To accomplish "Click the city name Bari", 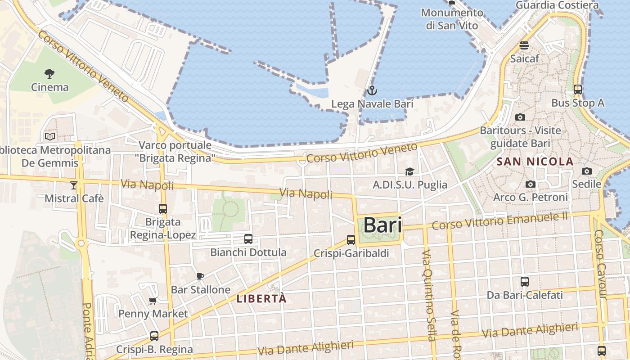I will pos(382,225).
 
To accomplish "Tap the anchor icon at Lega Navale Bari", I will pos(372,91).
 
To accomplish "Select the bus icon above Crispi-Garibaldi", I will pos(351,240).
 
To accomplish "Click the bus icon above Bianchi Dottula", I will pos(248,239).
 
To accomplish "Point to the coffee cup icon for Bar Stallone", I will pos(200,276).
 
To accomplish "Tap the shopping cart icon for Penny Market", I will pos(153,301).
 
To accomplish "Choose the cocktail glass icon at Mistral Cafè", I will pos(74,185).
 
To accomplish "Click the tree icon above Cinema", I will pos(49,73).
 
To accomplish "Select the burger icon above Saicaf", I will pos(524,45).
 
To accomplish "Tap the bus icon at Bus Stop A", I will pos(578,90).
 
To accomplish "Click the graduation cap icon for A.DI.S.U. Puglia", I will pos(409,171).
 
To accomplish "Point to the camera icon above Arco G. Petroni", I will pos(531,184).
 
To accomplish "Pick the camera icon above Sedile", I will pos(586,171).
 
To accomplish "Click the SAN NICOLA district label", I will pos(535,162).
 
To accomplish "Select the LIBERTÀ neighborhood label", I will pos(261,298).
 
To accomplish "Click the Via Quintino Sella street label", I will pos(429,295).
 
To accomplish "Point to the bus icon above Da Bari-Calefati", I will pos(525,282).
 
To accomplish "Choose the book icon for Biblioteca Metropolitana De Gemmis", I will pos(50,136).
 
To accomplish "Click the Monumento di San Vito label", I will pos(452,19).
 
